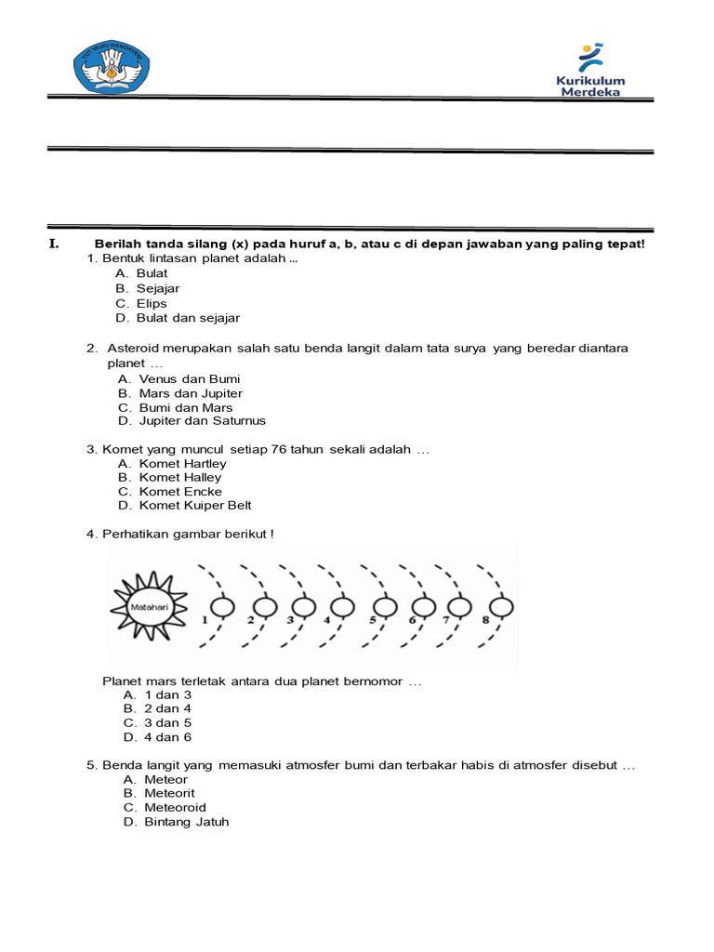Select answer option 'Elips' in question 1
coord(152,303)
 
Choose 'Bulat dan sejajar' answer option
coord(188,318)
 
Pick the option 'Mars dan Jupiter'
coord(191,393)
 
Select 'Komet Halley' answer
coord(180,477)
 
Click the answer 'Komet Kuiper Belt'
coord(195,505)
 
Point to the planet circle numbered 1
coord(223,607)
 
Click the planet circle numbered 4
coord(343,607)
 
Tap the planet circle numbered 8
coord(503,607)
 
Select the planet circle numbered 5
coord(387,607)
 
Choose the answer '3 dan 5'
coord(167,722)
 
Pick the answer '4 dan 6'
coord(167,737)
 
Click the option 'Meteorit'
coord(169,793)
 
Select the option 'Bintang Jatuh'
coord(186,822)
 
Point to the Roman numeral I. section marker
coord(53,245)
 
